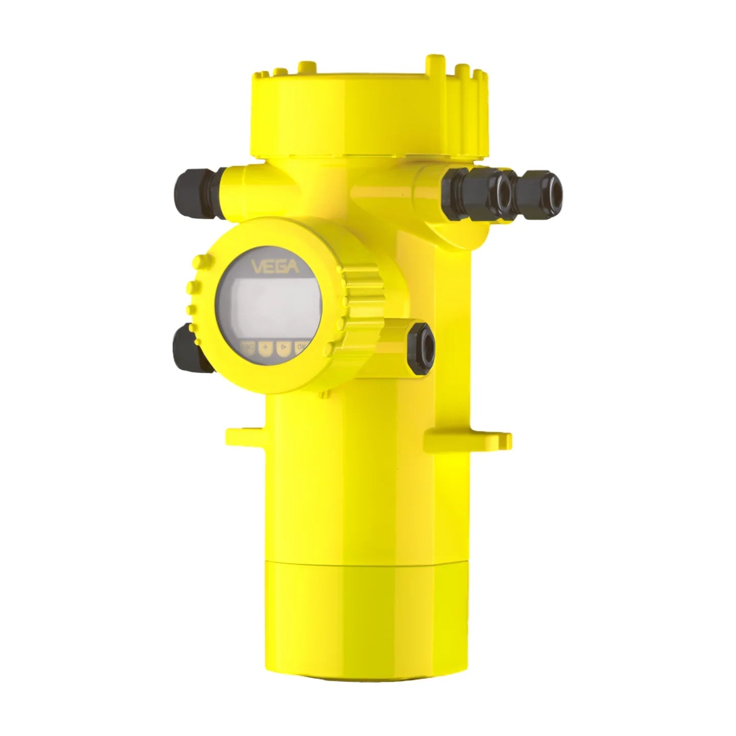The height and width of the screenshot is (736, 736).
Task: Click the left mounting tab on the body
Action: tap(244, 435)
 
